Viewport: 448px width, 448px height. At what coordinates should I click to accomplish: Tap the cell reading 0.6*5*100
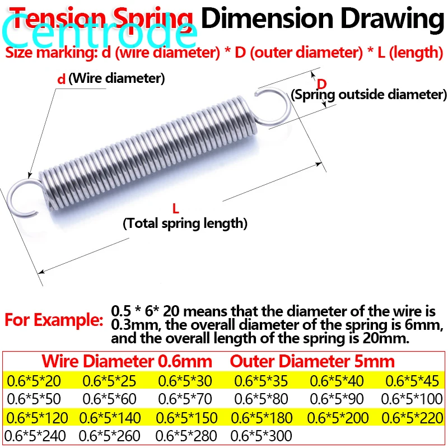click(x=412, y=399)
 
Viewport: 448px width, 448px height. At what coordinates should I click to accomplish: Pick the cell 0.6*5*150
click(x=185, y=417)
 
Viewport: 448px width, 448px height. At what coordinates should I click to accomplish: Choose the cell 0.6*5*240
click(x=35, y=435)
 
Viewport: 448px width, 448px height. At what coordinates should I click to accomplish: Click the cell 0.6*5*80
click(x=261, y=399)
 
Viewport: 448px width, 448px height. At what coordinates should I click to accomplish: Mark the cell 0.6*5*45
click(x=412, y=381)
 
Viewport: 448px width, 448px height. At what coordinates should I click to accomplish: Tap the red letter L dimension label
click(x=175, y=209)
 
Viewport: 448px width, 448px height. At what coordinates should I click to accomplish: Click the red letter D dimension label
click(x=322, y=84)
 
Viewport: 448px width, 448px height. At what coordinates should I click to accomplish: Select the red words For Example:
click(x=54, y=320)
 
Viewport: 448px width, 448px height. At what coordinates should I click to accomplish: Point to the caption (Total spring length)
click(x=185, y=223)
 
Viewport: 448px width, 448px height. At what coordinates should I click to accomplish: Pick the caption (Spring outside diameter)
click(x=368, y=95)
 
